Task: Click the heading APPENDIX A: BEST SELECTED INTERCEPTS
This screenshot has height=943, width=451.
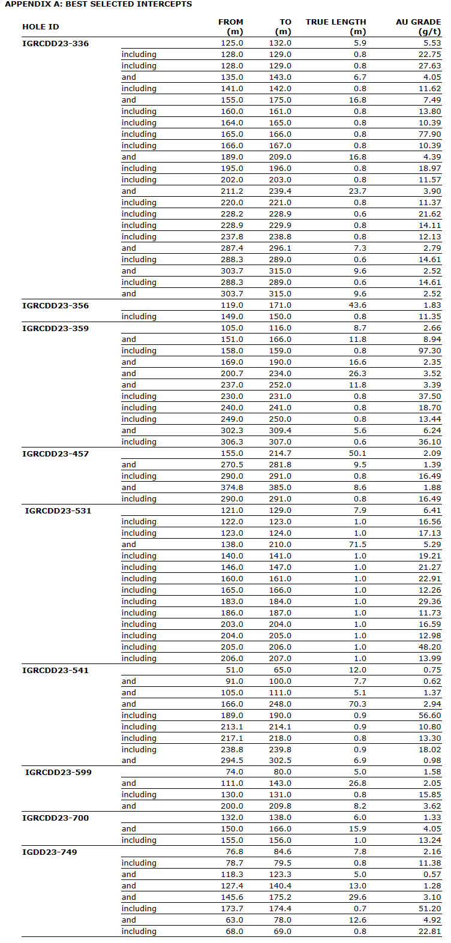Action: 98,4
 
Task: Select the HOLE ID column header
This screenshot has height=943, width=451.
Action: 41,27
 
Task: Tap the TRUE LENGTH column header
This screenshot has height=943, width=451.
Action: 336,26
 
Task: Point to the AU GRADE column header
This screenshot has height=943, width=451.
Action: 418,26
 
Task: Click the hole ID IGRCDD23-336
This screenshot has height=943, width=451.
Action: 55,43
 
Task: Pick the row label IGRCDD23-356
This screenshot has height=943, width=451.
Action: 55,305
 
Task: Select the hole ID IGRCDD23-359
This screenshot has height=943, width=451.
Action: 55,328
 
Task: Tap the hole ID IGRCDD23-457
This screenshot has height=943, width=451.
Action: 55,454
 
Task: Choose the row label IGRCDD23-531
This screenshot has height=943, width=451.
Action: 58,510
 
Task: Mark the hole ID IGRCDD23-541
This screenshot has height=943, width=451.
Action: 55,670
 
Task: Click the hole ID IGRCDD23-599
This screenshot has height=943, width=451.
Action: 58,772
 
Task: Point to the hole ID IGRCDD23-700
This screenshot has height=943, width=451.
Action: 55,818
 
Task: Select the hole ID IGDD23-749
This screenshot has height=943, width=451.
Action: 50,852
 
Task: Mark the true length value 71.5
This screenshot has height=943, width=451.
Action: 357,545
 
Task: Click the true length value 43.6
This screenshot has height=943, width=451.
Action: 357,305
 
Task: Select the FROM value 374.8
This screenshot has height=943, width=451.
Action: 232,488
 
